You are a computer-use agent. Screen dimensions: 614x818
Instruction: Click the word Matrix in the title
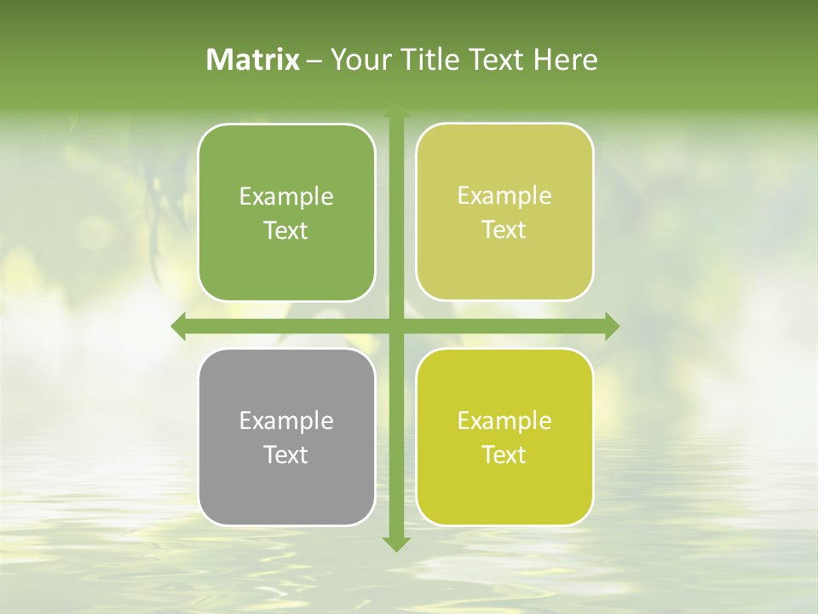(253, 60)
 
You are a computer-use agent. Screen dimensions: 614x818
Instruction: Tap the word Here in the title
(566, 60)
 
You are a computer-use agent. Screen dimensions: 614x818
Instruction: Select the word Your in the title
(355, 60)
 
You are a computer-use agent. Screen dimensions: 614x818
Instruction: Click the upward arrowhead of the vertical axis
(396, 112)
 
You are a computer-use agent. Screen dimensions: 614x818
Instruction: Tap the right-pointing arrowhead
(611, 326)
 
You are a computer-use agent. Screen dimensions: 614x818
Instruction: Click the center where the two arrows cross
(396, 326)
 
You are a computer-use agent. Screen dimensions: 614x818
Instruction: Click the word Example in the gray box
(286, 420)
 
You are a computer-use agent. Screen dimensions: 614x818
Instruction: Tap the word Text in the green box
(286, 230)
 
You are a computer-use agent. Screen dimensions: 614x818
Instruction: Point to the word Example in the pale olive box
(504, 195)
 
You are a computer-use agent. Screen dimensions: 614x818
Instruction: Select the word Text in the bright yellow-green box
(504, 455)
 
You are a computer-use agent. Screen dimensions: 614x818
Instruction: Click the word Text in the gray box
(286, 455)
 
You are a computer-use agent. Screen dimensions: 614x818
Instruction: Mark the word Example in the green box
(286, 196)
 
